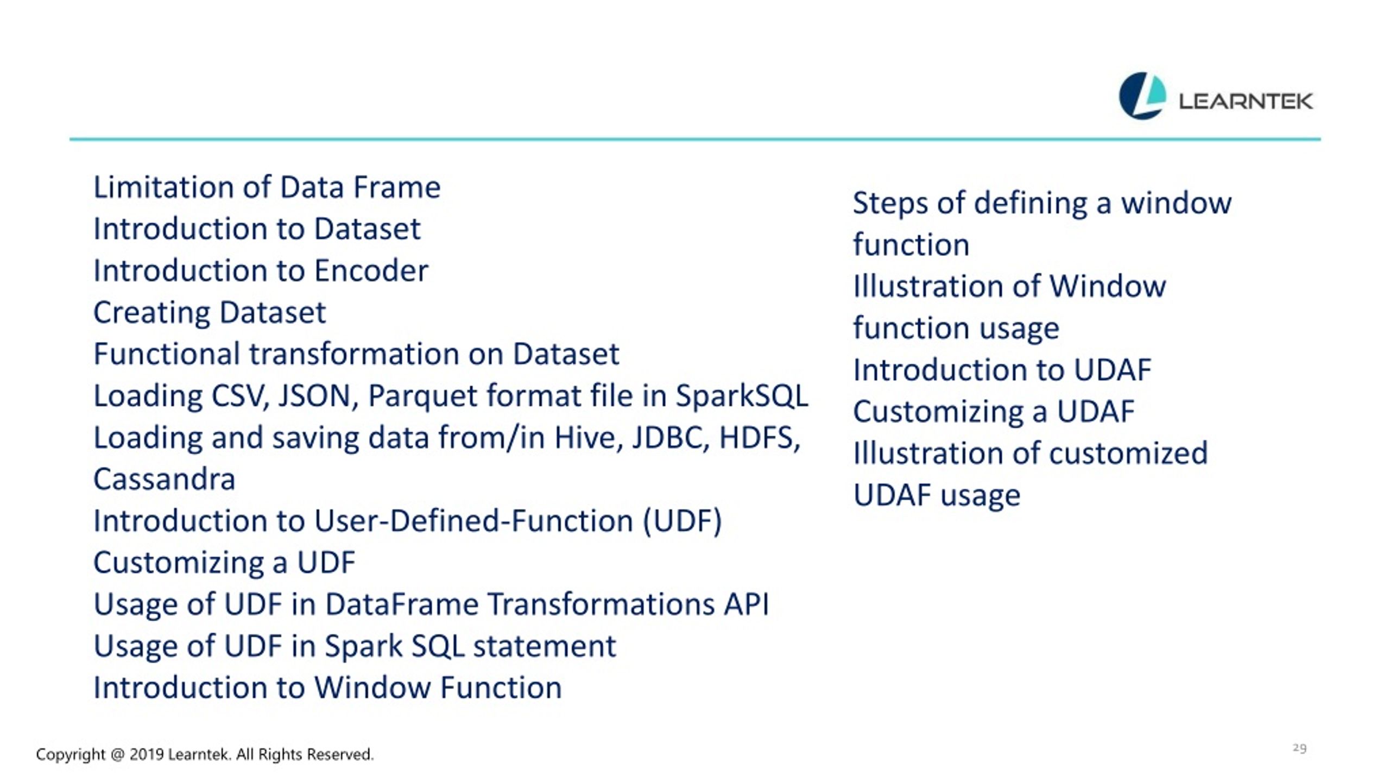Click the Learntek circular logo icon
click(1142, 96)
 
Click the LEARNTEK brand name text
click(1246, 101)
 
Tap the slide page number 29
click(1299, 748)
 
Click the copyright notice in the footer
click(205, 754)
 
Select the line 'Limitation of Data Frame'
click(267, 187)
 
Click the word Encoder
click(371, 270)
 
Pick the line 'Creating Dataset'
click(210, 313)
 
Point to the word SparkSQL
click(742, 396)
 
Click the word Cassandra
click(164, 479)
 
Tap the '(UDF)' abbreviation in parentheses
click(683, 521)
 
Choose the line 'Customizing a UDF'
click(224, 563)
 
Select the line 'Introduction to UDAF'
click(1002, 370)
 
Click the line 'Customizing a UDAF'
click(994, 412)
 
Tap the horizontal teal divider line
click(695, 140)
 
